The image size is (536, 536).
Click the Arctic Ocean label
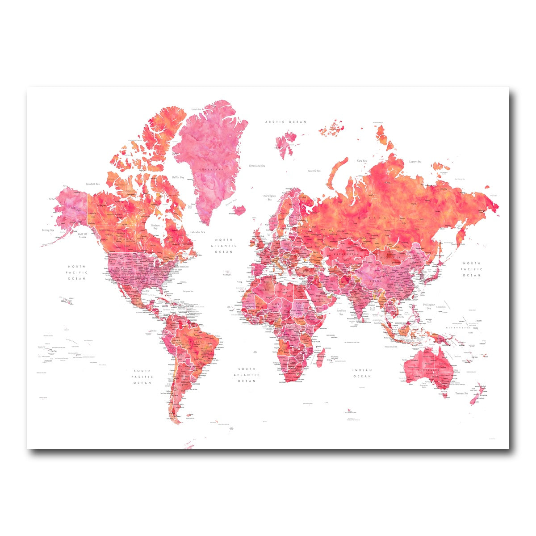pyautogui.click(x=285, y=122)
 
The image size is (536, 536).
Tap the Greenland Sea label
pyautogui.click(x=258, y=166)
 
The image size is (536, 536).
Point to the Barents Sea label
pyautogui.click(x=314, y=171)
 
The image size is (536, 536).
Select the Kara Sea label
pyautogui.click(x=361, y=161)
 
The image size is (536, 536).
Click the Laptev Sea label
pyautogui.click(x=415, y=161)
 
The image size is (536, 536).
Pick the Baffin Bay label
pyautogui.click(x=178, y=177)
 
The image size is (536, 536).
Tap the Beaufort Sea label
pyautogui.click(x=92, y=184)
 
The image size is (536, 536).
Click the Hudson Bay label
pyautogui.click(x=155, y=227)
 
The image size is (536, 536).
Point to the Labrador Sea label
pyautogui.click(x=197, y=232)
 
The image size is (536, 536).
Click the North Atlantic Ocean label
pyautogui.click(x=224, y=246)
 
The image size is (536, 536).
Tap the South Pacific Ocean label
pyautogui.click(x=142, y=377)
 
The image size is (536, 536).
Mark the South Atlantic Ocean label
pyautogui.click(x=246, y=375)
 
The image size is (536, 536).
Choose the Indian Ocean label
pyautogui.click(x=362, y=373)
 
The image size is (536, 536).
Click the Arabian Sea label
pyautogui.click(x=342, y=311)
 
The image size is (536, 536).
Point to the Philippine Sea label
pyautogui.click(x=429, y=306)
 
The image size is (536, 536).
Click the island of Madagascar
pyautogui.click(x=320, y=357)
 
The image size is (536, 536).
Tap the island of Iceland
pyautogui.click(x=240, y=209)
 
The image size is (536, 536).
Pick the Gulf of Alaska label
pyautogui.click(x=82, y=235)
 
